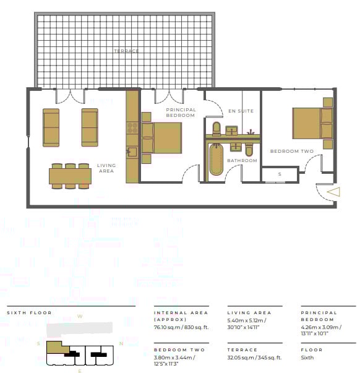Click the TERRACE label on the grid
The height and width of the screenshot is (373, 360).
coord(126,51)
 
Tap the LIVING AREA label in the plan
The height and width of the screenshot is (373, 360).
coord(106,169)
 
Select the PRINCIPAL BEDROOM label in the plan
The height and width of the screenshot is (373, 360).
coord(181,113)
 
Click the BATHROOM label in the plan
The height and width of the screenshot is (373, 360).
coord(242,161)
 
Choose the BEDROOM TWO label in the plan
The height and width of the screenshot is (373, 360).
coord(292,152)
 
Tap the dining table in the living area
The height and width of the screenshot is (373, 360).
coord(71,176)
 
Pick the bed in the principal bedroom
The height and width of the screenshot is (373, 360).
coord(163,137)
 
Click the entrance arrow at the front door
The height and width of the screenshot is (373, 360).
coord(333,192)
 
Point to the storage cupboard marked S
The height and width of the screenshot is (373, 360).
coord(280,174)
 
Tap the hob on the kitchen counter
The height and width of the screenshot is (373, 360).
coord(132,127)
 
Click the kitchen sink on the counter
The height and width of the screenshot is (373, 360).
coord(132,151)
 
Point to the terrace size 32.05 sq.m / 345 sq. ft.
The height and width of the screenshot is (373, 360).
coord(255,358)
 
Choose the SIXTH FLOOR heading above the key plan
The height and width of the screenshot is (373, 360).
coord(29,313)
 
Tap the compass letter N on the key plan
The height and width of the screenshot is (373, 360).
coord(121,343)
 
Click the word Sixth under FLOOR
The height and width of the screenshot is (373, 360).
coord(307,358)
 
